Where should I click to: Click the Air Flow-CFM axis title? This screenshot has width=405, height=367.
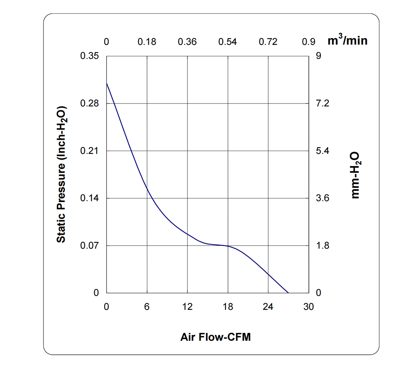click(215, 337)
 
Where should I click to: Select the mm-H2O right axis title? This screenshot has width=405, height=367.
click(355, 175)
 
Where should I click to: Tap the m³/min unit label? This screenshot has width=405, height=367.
click(347, 41)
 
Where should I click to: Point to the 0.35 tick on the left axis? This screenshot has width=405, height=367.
click(90, 56)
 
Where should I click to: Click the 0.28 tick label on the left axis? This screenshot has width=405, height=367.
click(90, 103)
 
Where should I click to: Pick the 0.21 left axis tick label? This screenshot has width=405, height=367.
click(90, 151)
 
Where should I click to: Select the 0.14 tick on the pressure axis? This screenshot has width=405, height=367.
click(90, 198)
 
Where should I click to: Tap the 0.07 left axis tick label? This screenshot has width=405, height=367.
click(90, 245)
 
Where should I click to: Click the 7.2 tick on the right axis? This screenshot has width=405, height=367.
click(323, 103)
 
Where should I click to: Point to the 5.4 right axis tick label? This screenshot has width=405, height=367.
click(323, 151)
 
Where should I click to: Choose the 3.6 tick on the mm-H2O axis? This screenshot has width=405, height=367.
click(323, 198)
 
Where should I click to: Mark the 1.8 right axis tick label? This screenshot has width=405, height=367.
click(323, 245)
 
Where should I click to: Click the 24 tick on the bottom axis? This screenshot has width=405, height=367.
click(268, 307)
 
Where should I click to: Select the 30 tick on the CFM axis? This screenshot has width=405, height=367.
click(309, 307)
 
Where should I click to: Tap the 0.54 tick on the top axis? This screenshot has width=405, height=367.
click(228, 42)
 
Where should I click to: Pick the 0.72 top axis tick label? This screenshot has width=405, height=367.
click(268, 42)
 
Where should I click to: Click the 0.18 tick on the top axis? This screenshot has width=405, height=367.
click(147, 42)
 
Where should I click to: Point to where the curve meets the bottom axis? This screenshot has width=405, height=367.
click(288, 292)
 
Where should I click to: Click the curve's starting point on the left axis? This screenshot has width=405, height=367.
click(107, 83)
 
